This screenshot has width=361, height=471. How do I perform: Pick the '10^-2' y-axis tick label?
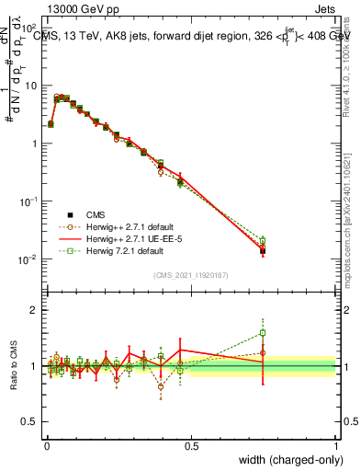click(x=28, y=259)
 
